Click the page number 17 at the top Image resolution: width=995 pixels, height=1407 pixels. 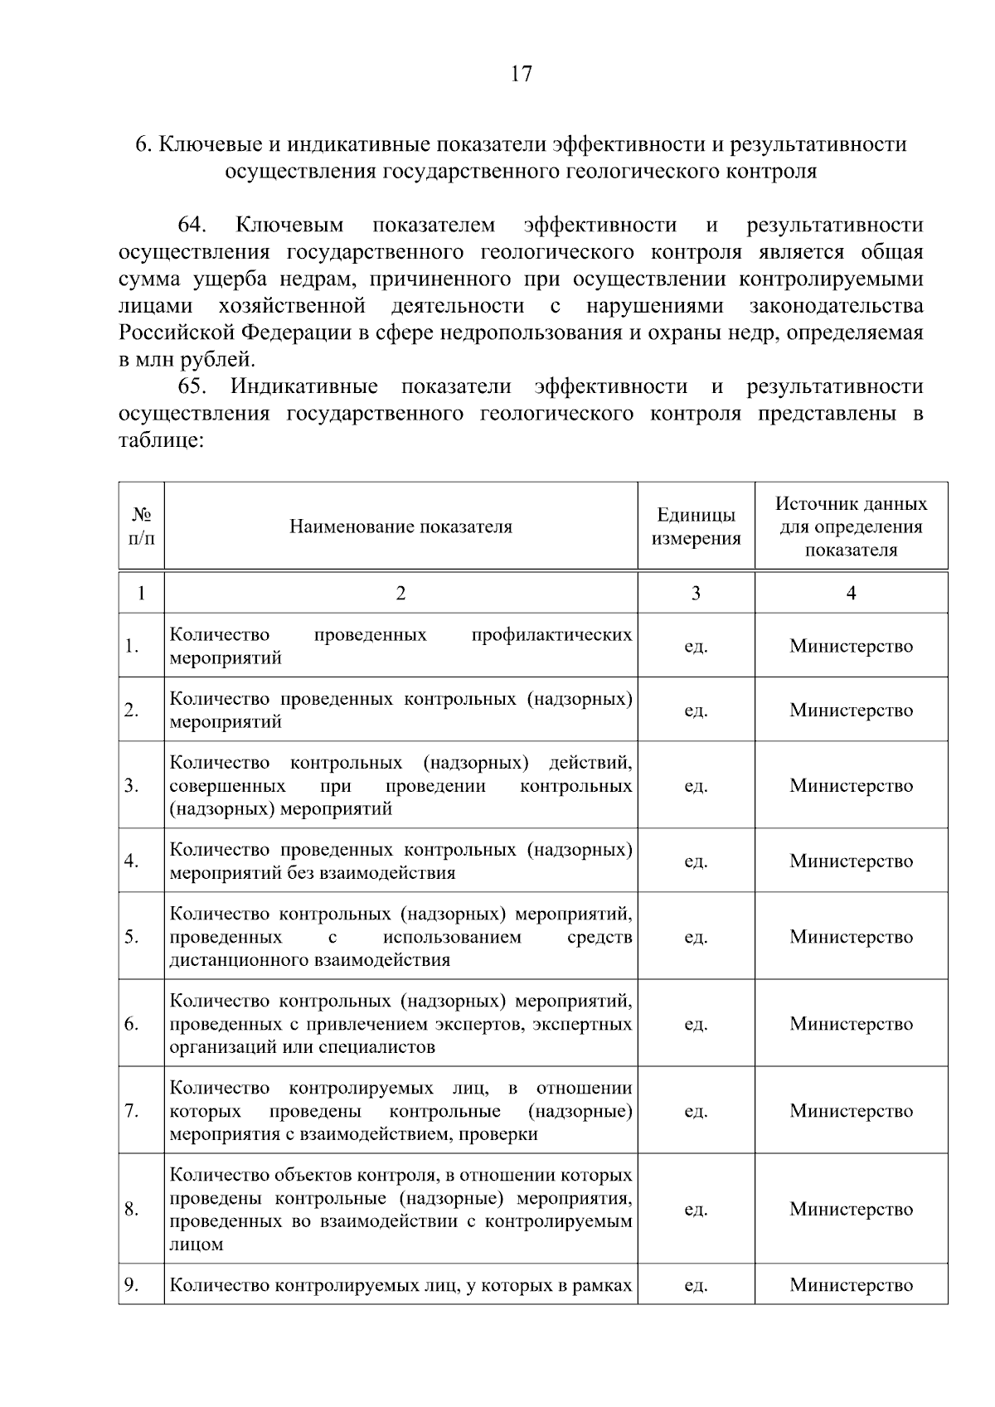[x=521, y=74]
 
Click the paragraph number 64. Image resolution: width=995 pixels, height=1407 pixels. [x=192, y=226]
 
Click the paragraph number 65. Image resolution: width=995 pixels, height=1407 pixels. [x=192, y=386]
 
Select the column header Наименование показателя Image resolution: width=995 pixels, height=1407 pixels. [x=400, y=526]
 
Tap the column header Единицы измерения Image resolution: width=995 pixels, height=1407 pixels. [x=696, y=526]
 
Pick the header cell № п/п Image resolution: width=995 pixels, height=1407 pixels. [x=141, y=526]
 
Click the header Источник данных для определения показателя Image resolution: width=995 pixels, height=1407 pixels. [x=851, y=526]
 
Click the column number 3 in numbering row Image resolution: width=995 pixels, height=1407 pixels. [x=696, y=593]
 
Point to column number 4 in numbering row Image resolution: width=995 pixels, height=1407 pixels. [x=851, y=593]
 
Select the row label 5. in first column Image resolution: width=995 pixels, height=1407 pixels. [x=132, y=937]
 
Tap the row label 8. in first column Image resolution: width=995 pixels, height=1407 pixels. [x=132, y=1209]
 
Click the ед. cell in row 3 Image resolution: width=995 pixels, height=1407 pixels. [x=696, y=785]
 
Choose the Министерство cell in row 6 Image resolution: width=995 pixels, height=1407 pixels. [x=851, y=1024]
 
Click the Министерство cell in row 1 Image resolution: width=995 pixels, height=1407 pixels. [x=851, y=646]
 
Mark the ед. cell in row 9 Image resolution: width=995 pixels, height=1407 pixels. [x=696, y=1285]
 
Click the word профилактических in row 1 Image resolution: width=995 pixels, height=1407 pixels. [x=551, y=635]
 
